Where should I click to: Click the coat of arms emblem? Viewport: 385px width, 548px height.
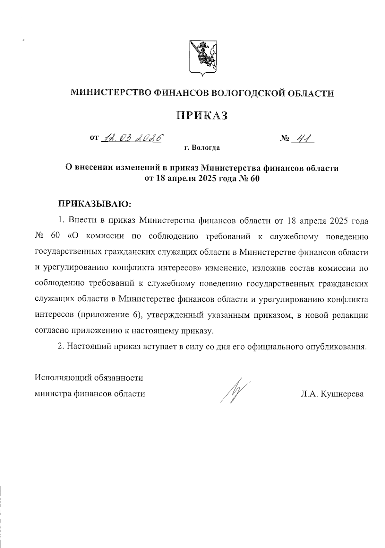click(202, 58)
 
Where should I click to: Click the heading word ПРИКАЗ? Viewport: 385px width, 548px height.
click(202, 115)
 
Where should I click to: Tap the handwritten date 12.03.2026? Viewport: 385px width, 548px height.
click(131, 138)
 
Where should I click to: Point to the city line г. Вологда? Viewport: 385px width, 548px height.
click(202, 148)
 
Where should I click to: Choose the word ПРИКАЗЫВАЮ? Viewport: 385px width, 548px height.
click(95, 204)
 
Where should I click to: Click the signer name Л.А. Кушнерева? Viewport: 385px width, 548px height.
click(332, 394)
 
